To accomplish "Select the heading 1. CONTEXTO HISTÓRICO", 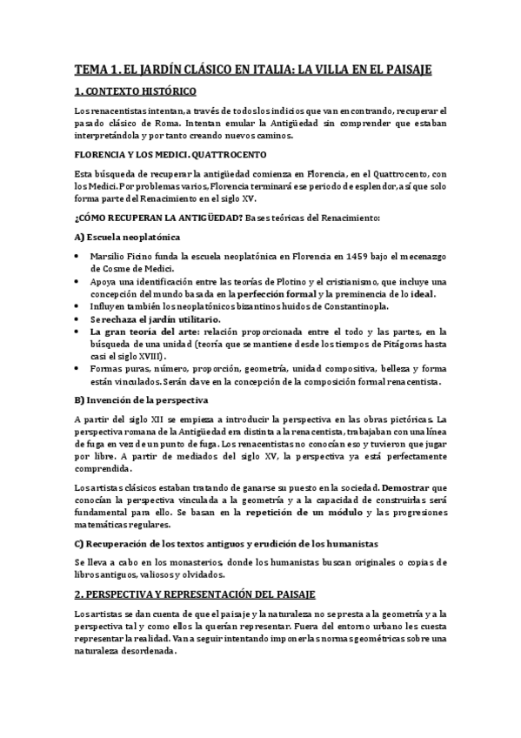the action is point(135,91).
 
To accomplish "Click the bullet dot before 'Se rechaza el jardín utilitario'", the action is point(78,319).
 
